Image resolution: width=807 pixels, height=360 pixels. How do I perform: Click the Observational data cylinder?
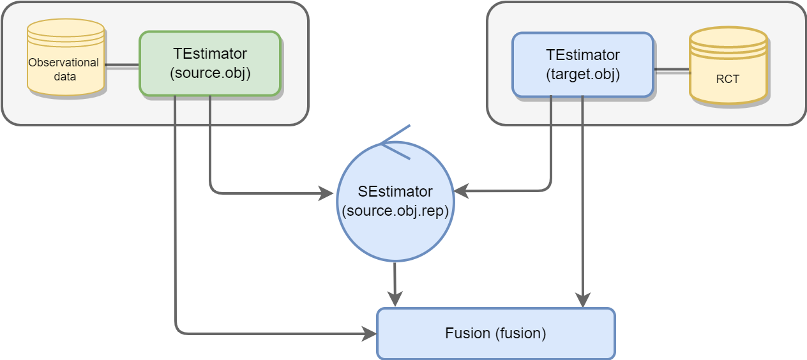click(x=65, y=57)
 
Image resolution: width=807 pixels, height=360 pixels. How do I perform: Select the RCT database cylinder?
click(x=728, y=65)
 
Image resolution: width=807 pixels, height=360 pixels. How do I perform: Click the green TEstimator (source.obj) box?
click(x=209, y=64)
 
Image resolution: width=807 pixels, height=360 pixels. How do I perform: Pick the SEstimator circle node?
click(x=395, y=201)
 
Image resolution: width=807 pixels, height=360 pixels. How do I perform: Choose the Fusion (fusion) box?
click(x=495, y=333)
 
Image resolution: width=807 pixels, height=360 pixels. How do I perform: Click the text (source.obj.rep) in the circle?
click(x=395, y=211)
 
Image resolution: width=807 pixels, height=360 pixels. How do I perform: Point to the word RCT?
click(x=728, y=79)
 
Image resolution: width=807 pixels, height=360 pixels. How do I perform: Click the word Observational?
click(x=63, y=63)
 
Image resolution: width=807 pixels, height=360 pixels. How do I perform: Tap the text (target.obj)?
click(x=583, y=74)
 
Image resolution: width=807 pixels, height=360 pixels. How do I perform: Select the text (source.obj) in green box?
click(x=209, y=73)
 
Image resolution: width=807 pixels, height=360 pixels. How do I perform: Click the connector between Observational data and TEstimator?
click(x=121, y=65)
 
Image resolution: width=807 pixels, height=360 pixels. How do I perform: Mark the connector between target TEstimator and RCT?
click(x=671, y=69)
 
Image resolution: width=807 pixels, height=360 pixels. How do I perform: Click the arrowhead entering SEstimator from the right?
click(x=461, y=190)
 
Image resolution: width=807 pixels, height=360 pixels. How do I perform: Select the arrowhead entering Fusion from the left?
click(x=370, y=333)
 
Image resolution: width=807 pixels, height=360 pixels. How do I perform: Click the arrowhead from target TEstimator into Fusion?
click(x=582, y=299)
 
